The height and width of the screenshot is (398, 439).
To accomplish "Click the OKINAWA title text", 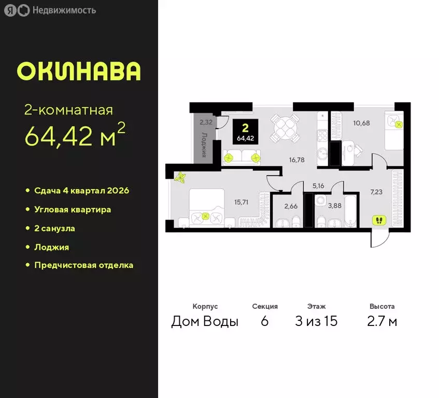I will tap(78, 71).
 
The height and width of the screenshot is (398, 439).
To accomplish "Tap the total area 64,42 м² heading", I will tap(75, 136).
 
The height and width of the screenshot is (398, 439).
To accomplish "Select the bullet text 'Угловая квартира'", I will tap(73, 209).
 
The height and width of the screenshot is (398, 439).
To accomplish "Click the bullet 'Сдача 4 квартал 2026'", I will tap(81, 191).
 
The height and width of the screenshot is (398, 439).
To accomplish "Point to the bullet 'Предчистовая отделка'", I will tap(83, 265).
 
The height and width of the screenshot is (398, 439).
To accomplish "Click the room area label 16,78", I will tap(297, 160).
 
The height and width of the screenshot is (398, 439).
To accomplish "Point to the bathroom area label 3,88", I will tap(334, 206).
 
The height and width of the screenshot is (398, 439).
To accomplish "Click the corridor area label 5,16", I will tap(317, 184).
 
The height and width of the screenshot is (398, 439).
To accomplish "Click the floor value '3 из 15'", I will tap(316, 321).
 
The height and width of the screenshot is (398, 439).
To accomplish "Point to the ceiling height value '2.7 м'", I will tap(382, 321).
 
